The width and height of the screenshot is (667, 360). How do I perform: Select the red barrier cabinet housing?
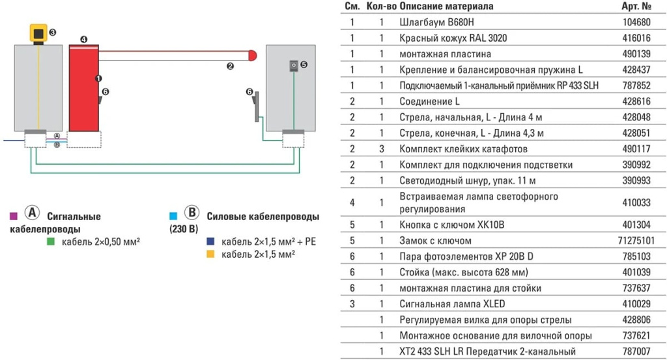(83, 88)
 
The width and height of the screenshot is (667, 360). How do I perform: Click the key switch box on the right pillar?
(294, 65)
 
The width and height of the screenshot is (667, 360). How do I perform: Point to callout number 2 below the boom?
(230, 65)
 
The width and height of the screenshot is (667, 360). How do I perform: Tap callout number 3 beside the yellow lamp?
(53, 31)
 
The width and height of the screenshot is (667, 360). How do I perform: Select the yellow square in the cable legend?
(210, 254)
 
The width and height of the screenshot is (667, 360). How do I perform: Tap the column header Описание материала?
(446, 6)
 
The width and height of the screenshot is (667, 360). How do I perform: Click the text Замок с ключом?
(435, 241)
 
